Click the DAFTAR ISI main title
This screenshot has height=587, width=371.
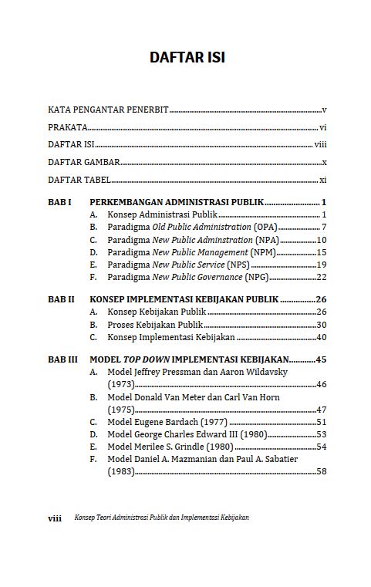187,59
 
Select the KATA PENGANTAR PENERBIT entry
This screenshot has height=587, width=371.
108,110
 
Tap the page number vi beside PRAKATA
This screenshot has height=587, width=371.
323,127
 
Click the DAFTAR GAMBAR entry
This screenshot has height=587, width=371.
84,162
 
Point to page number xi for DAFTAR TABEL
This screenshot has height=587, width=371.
323,180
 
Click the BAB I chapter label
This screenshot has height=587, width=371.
60,202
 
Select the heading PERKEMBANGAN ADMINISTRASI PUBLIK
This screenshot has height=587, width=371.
177,202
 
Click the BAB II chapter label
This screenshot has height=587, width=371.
62,299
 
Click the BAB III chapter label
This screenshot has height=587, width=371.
63,359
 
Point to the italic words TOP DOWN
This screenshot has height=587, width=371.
146,359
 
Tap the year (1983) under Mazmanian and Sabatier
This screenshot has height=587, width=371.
121,471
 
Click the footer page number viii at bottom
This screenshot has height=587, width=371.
55,518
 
